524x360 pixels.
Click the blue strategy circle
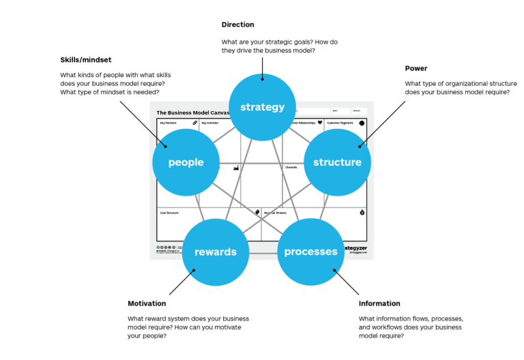(262, 107)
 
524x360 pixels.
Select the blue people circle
(186, 162)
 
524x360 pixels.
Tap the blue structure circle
(337, 162)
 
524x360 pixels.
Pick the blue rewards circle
(216, 252)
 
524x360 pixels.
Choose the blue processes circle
(310, 252)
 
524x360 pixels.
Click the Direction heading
(237, 25)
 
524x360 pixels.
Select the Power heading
(416, 68)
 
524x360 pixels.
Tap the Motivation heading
(147, 303)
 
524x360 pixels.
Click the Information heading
(379, 303)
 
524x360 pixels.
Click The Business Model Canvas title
(191, 113)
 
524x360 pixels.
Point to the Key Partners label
(167, 123)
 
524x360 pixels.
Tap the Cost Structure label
(169, 213)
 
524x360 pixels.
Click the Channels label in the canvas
(291, 167)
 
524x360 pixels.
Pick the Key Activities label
(209, 123)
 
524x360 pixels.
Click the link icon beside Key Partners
(194, 123)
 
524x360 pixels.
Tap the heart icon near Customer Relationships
(319, 123)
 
